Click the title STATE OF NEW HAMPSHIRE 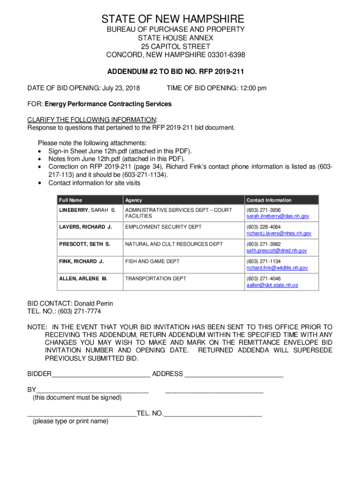173,19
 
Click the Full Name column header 71,200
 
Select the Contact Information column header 269,200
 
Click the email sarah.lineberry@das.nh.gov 278,217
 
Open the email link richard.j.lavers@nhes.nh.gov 279,233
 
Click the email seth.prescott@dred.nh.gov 277,251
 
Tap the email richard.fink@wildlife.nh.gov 277,268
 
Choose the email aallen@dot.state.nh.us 272,285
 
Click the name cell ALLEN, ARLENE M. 83,278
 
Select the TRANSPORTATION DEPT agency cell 156,278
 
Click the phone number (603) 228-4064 264,227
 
